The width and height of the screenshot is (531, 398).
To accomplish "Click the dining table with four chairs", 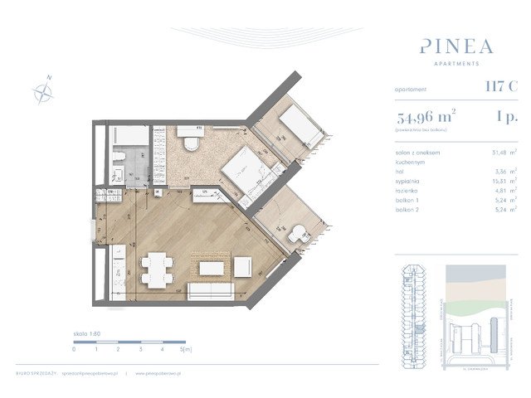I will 157,268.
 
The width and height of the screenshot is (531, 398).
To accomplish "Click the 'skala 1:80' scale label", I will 88,335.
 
